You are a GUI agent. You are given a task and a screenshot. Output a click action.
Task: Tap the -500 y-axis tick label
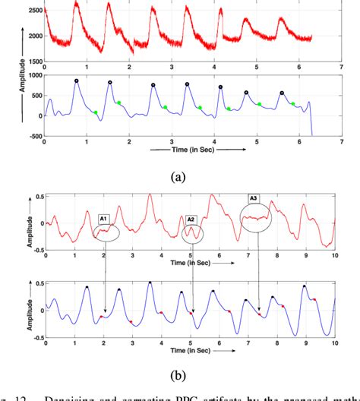tap(30, 137)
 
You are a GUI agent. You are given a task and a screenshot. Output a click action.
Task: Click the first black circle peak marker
tap(77, 81)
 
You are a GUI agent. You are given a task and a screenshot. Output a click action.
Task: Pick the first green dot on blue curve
tap(96, 113)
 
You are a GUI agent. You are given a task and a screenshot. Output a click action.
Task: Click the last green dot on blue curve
tap(293, 104)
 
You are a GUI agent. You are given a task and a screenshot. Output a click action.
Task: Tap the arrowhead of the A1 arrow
tap(106, 314)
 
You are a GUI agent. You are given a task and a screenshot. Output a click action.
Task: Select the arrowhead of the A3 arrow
tap(260, 313)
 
